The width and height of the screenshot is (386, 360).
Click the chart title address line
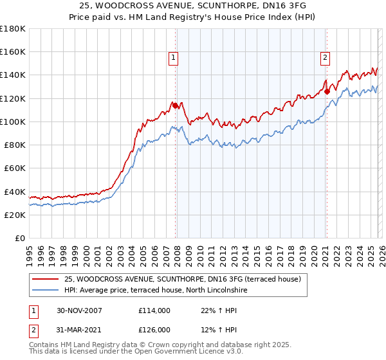pos(192,6)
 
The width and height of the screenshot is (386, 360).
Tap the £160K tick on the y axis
pos(13,52)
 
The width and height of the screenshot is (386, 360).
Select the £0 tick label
pos(20,238)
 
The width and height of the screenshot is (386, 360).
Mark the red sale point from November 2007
pos(175,105)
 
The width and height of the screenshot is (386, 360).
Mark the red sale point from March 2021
pos(327,92)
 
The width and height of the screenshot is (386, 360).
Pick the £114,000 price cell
pos(154,310)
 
